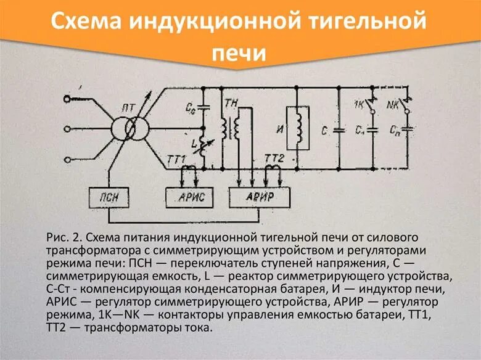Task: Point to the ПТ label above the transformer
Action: [x=128, y=108]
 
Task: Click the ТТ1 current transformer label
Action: [x=176, y=160]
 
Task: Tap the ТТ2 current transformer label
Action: [x=273, y=160]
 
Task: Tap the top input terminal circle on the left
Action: [x=67, y=99]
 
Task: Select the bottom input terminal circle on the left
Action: [x=67, y=158]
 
